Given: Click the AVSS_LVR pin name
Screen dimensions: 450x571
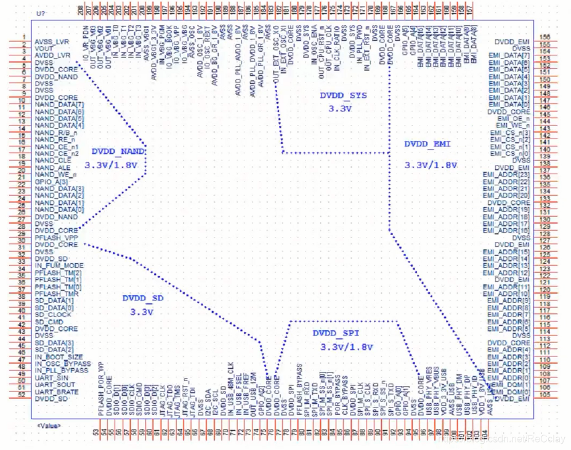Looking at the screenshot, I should (x=52, y=41).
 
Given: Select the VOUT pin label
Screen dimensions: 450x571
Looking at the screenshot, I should (x=44, y=48).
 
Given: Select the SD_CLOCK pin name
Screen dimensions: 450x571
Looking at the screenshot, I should (x=53, y=315).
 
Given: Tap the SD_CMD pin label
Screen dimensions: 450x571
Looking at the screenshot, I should (x=49, y=322).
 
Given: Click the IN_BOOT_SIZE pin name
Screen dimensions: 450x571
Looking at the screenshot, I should (x=59, y=357).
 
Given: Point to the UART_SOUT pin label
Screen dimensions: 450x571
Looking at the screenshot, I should (x=55, y=385).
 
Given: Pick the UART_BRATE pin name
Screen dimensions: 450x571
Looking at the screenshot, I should (x=57, y=392).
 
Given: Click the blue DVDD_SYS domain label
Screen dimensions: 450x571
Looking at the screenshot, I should (x=343, y=96).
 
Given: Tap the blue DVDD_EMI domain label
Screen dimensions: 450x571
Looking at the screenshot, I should (x=427, y=143).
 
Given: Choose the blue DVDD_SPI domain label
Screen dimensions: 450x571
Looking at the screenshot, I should (x=335, y=333).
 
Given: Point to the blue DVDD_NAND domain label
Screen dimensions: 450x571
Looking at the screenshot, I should (x=119, y=151).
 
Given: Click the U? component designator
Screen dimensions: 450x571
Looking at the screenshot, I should (x=41, y=13).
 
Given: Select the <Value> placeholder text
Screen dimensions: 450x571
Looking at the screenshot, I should (x=47, y=425).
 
